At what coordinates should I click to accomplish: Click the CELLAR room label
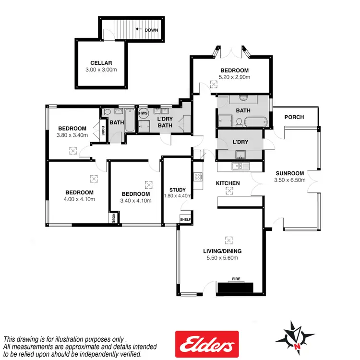click(101, 63)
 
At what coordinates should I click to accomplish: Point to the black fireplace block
click(235, 288)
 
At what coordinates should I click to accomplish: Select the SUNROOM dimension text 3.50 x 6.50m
click(289, 180)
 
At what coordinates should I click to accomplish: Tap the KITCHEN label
click(228, 183)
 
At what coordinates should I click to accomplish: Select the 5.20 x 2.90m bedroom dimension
click(234, 77)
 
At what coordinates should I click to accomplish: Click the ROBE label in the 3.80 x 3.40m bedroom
click(103, 131)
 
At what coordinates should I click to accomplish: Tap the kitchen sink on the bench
click(238, 166)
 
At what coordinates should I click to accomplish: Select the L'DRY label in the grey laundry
click(240, 143)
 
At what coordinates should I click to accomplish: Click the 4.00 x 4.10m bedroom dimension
click(79, 199)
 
